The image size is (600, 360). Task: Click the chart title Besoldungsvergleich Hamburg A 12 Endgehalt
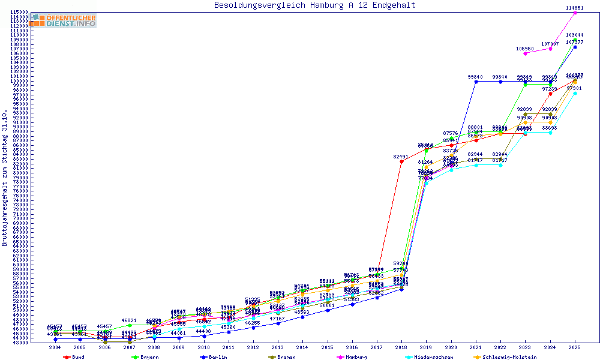pyautogui.click(x=314, y=5)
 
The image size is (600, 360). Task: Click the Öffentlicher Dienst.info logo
pyautogui.click(x=64, y=20)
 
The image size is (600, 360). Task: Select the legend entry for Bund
pyautogui.click(x=74, y=357)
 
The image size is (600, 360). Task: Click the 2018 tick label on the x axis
pyautogui.click(x=401, y=347)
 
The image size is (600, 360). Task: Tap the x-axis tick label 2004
pyautogui.click(x=55, y=347)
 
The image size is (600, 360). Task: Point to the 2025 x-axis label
pyautogui.click(x=575, y=347)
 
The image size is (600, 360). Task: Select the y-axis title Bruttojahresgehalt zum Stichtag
pyautogui.click(x=5, y=178)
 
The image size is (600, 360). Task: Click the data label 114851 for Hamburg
pyautogui.click(x=575, y=8)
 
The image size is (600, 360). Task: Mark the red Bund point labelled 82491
pyautogui.click(x=401, y=161)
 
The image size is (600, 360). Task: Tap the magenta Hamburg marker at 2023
pyautogui.click(x=525, y=53)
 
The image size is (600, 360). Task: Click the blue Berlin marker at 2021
pyautogui.click(x=476, y=82)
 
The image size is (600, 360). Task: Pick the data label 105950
pyautogui.click(x=525, y=49)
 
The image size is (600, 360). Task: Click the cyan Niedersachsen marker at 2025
pyautogui.click(x=575, y=93)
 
